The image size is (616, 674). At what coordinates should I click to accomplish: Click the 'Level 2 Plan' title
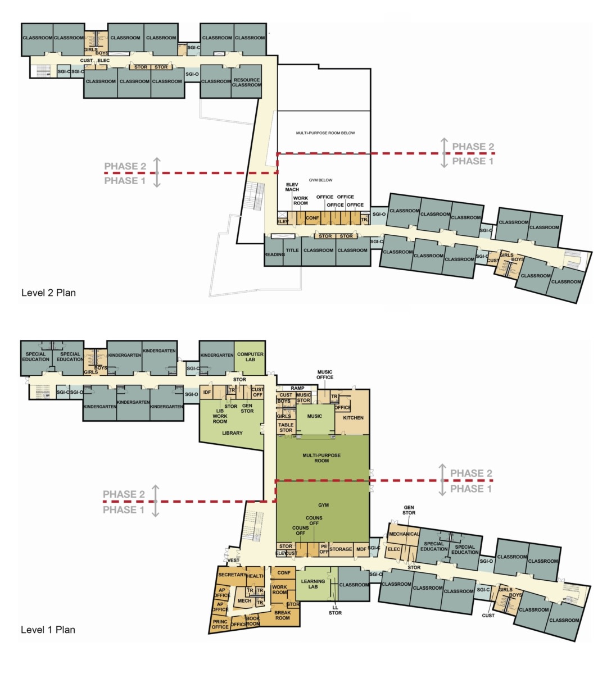[x=48, y=293]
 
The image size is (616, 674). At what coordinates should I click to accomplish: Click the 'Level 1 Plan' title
[x=48, y=630]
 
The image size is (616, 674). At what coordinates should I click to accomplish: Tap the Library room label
[x=232, y=433]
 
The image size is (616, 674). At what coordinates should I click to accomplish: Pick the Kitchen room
[x=353, y=418]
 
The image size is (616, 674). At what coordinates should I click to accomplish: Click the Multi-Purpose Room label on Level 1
[x=321, y=458]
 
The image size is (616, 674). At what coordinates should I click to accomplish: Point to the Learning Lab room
[x=313, y=584]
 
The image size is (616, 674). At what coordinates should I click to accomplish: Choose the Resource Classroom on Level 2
[x=247, y=83]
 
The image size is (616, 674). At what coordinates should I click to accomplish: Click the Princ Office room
[x=220, y=624]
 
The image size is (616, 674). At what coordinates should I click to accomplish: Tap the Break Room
[x=283, y=615]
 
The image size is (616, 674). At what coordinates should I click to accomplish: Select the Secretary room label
[x=232, y=575]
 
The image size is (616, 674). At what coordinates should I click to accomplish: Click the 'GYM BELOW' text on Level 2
[x=320, y=180]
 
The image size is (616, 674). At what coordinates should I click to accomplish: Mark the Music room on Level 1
[x=315, y=416]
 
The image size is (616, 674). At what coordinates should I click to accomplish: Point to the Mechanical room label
[x=404, y=534]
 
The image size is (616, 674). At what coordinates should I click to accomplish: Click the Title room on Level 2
[x=292, y=251]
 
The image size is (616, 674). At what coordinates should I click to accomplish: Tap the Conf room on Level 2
[x=312, y=218]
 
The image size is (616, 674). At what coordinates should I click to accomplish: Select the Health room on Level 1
[x=255, y=576]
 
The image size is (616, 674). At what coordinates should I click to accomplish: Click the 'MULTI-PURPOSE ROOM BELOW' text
[x=325, y=133]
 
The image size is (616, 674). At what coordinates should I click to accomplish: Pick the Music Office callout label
[x=325, y=375]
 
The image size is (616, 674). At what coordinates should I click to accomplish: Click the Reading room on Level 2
[x=275, y=254]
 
